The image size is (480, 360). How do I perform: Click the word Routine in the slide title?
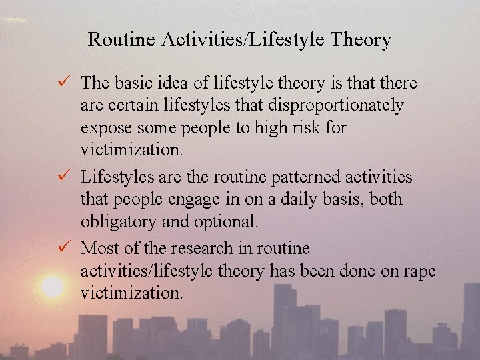(x=119, y=40)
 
